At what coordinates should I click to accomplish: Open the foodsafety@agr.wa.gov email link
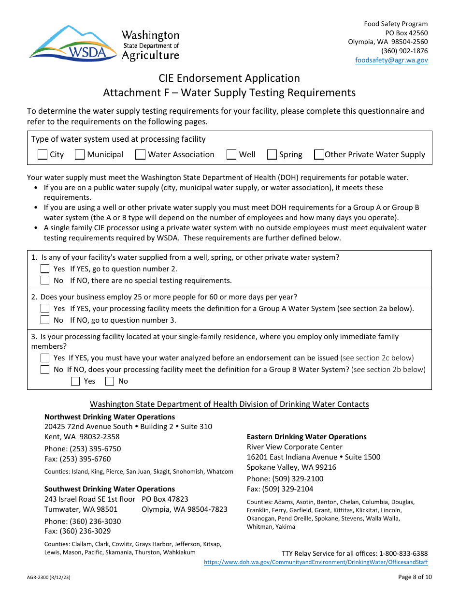[x=391, y=60]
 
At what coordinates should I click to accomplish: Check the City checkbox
[x=43, y=155]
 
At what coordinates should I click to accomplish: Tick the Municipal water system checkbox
[x=80, y=155]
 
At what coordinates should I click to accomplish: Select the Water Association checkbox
[x=140, y=155]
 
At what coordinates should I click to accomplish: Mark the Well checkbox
[x=231, y=155]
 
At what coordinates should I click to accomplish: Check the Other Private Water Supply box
[x=319, y=155]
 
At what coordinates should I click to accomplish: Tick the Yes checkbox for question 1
[x=45, y=269]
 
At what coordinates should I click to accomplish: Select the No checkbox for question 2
[x=45, y=320]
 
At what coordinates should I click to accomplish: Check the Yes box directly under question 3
[x=45, y=358]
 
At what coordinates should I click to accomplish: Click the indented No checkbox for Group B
[x=110, y=381]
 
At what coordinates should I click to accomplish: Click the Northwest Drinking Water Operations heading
[x=110, y=417]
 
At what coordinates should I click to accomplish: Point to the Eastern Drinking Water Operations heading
[x=306, y=437]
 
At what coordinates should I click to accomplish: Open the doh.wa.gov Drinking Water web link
[x=316, y=563]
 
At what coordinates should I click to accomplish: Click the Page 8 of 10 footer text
[x=415, y=577]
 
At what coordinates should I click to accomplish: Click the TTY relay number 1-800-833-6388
[x=399, y=553]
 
